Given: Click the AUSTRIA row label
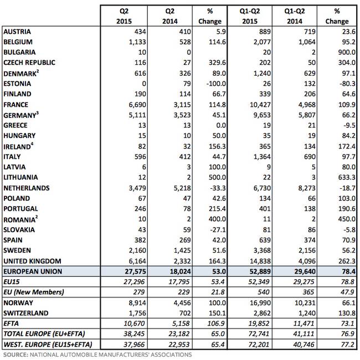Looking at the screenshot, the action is [17, 32].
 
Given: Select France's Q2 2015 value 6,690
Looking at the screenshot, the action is [137, 105].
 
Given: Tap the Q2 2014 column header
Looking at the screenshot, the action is [170, 16].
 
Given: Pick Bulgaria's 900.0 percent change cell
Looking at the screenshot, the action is [347, 52].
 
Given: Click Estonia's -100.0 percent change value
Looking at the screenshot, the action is [216, 84].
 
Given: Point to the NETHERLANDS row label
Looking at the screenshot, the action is [27, 188].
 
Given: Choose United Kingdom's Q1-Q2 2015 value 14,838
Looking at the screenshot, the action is [260, 261].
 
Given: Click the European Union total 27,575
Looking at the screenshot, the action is [136, 271].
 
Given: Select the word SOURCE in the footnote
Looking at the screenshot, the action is [16, 354].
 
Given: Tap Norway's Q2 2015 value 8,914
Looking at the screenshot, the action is [137, 303].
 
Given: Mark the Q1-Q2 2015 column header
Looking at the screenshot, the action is [250, 16].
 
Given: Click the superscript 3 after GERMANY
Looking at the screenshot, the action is [38, 112].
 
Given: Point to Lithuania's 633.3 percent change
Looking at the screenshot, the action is [347, 177].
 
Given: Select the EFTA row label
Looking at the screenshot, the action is [11, 323].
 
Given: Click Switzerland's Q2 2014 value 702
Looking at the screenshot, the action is [185, 313].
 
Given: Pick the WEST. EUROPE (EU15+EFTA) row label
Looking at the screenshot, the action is [48, 344].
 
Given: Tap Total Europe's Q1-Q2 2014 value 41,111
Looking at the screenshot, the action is [304, 334].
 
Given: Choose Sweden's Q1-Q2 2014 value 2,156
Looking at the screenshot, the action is [307, 250].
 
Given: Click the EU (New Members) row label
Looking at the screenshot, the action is [34, 292].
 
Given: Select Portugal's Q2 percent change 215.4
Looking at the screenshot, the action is [217, 209].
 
